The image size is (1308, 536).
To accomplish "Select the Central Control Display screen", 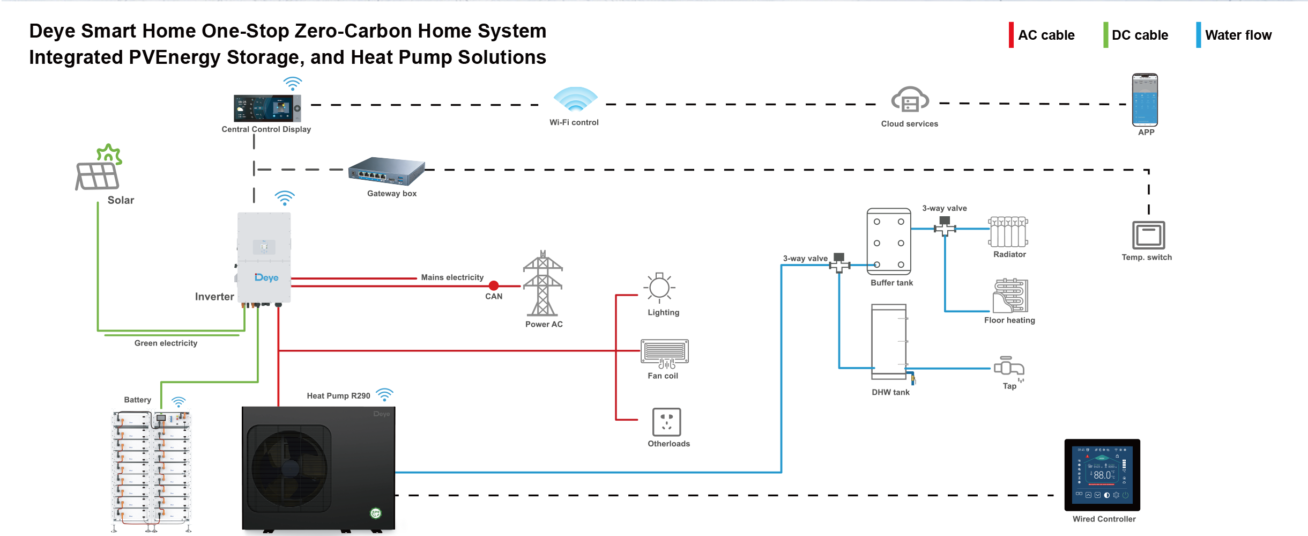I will coord(267,108).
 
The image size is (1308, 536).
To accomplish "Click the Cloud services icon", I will coord(910,100).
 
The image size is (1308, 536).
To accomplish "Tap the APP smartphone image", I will coord(1144,100).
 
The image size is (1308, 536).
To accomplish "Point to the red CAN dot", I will coord(494,286).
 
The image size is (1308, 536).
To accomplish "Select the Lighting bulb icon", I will coord(659,288).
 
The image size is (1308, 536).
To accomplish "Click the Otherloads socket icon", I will coord(666,422).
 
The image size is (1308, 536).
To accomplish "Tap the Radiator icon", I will coord(1008,232).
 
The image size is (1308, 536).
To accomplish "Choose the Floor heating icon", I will coord(1010,296).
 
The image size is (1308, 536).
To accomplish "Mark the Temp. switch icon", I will coord(1148,235).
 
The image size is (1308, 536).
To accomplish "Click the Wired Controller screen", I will coord(1102,475).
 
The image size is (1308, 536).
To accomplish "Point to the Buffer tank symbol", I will coord(889,241).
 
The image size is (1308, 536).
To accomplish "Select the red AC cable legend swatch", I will coord(1011,35).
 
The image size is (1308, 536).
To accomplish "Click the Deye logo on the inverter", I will coord(266,277).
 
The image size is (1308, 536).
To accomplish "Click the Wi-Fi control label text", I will coord(574,122).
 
